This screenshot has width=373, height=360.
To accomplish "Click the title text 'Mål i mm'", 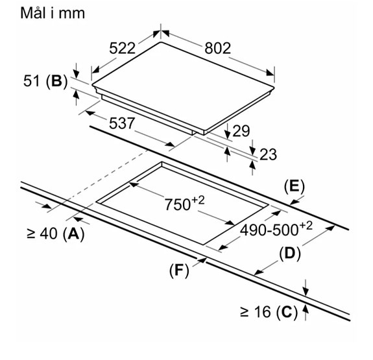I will pyautogui.click(x=44, y=13).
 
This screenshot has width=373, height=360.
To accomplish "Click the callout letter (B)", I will pyautogui.click(x=57, y=81).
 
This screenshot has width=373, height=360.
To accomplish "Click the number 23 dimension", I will pyautogui.click(x=268, y=154).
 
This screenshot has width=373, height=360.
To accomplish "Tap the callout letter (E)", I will pyautogui.click(x=294, y=187).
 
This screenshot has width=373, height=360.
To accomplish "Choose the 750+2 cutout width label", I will pyautogui.click(x=184, y=203).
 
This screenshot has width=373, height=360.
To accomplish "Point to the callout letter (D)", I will pyautogui.click(x=289, y=254).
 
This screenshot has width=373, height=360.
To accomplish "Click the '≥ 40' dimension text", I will pyautogui.click(x=40, y=235).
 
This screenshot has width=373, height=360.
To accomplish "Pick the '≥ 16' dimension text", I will pyautogui.click(x=255, y=312).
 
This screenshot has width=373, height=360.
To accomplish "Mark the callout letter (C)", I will pyautogui.click(x=286, y=312).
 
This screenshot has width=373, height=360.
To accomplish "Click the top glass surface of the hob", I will pyautogui.click(x=185, y=81).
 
